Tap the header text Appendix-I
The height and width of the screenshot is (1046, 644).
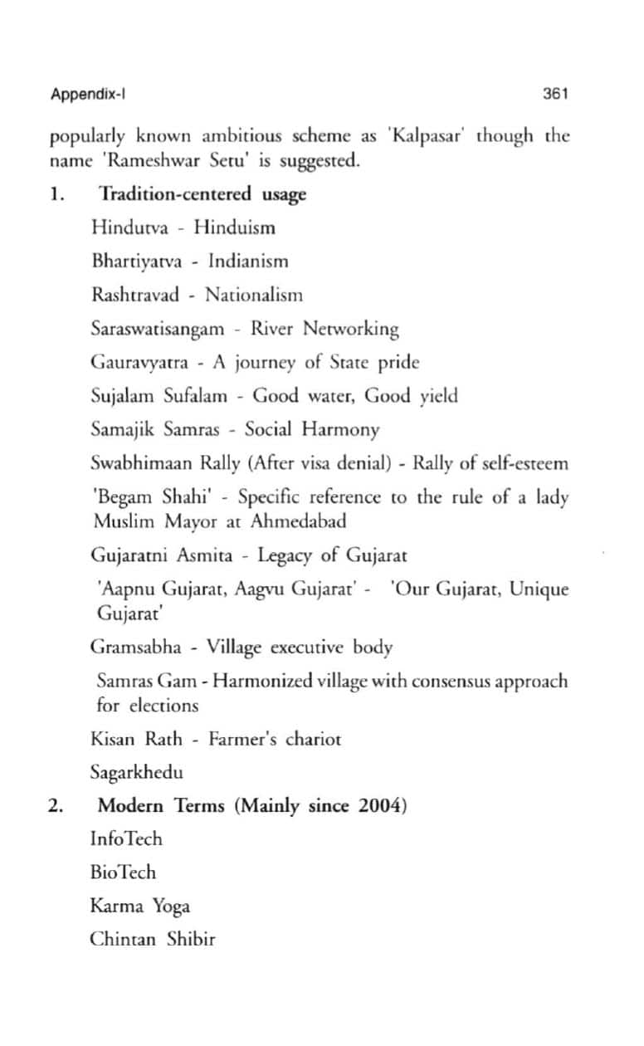tap(87, 94)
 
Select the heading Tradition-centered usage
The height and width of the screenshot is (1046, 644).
tap(202, 194)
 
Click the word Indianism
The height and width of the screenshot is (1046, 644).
tap(248, 261)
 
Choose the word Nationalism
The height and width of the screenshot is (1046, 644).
tap(254, 295)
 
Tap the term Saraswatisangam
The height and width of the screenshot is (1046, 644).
tap(157, 329)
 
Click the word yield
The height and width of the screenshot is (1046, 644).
tap(437, 396)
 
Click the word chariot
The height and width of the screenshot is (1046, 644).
tap(308, 739)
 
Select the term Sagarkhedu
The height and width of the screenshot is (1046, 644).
tap(136, 772)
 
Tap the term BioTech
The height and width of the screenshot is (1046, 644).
tap(123, 872)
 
